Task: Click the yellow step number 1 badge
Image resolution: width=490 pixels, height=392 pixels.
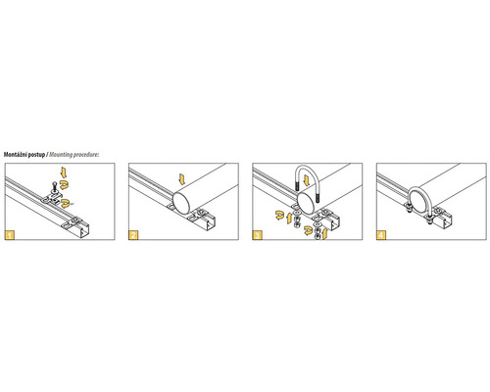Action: [10, 235]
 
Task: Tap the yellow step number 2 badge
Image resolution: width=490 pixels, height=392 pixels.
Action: [133, 235]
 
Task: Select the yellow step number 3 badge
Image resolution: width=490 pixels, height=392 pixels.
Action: [258, 235]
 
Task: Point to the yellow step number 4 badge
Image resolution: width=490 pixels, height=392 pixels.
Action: [381, 235]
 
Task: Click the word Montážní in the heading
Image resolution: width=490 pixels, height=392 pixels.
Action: [16, 155]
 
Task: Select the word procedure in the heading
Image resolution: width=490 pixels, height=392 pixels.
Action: [85, 155]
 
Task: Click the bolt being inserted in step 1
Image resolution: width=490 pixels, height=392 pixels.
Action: [54, 187]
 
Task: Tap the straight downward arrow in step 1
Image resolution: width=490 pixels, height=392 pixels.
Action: [64, 172]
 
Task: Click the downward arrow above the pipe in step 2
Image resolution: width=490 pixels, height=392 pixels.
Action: [182, 179]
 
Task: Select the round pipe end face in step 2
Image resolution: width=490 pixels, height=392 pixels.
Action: [181, 203]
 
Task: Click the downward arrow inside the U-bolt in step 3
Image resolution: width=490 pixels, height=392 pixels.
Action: [307, 179]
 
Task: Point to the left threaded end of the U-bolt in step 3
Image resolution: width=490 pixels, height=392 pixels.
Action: [298, 186]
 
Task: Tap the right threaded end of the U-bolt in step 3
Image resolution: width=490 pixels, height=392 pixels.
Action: [317, 198]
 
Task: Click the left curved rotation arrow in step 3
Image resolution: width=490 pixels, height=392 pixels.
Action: [279, 216]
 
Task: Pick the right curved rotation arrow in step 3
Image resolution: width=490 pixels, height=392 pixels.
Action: [308, 230]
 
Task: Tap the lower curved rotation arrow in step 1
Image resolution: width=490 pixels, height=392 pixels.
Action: [65, 203]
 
